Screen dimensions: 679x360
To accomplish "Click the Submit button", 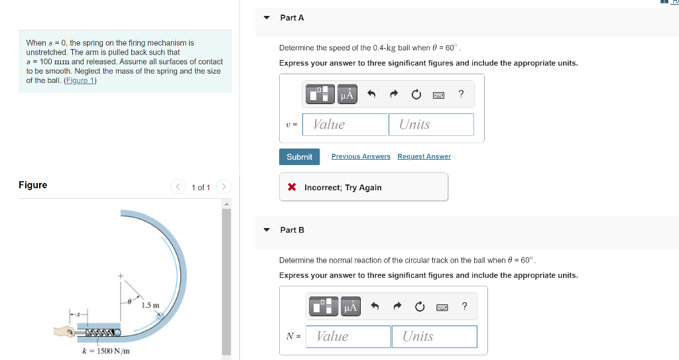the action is pyautogui.click(x=299, y=157).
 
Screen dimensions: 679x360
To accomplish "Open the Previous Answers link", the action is pyautogui.click(x=361, y=156).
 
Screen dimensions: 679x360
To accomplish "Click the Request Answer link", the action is pyautogui.click(x=424, y=156).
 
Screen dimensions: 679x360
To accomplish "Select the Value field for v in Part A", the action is pyautogui.click(x=345, y=125).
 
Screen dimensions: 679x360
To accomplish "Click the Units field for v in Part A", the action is pyautogui.click(x=431, y=125).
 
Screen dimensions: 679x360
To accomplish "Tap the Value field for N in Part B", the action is pyautogui.click(x=348, y=337).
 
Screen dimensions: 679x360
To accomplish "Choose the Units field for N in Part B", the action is pyautogui.click(x=434, y=337).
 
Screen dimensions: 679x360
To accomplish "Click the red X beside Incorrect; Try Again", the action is pyautogui.click(x=292, y=187).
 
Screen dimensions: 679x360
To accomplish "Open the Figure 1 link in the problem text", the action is pyautogui.click(x=80, y=81).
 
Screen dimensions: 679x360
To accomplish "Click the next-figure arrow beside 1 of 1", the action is pyautogui.click(x=223, y=187).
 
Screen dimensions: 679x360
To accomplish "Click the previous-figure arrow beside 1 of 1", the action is pyautogui.click(x=178, y=187).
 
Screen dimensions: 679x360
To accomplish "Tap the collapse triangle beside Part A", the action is pyautogui.click(x=267, y=18).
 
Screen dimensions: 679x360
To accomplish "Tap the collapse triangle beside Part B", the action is pyautogui.click(x=267, y=230).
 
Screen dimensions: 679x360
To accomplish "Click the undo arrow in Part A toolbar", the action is pyautogui.click(x=371, y=93).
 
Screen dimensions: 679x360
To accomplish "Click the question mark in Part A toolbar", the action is pyautogui.click(x=462, y=93).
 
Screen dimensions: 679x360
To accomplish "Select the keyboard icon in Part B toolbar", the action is pyautogui.click(x=442, y=307).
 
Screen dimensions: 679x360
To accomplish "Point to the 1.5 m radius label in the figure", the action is pyautogui.click(x=151, y=306).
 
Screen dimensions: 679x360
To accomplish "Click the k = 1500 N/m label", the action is pyautogui.click(x=106, y=351).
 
